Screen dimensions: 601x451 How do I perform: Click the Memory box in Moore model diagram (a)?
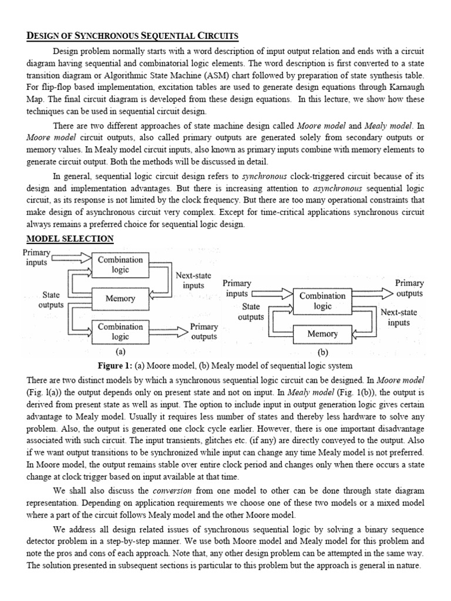120,298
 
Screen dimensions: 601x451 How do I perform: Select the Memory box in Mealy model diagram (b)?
322,334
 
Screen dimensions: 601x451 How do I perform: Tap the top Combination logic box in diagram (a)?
120,265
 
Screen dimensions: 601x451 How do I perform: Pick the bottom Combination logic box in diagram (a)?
120,332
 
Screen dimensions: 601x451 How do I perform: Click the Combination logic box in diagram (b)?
322,301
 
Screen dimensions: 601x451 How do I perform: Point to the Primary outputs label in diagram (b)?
409,288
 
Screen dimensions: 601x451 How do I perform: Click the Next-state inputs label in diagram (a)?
193,280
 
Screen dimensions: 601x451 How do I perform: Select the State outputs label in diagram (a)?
51,300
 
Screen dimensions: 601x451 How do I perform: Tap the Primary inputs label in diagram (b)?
237,288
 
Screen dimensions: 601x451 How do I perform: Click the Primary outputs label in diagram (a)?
204,332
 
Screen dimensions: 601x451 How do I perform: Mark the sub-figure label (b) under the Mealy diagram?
322,353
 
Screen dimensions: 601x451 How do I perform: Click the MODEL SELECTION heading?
70,238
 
